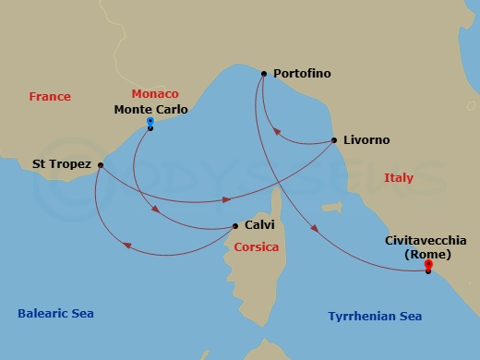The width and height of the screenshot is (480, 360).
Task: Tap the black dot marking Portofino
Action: click(264, 74)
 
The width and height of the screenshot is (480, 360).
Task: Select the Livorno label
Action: click(366, 140)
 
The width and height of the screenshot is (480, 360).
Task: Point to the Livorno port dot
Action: click(333, 140)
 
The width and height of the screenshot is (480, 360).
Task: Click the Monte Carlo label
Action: click(150, 110)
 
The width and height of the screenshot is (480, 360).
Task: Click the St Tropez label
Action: click(62, 164)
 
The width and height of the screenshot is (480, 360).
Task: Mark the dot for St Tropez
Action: click(100, 165)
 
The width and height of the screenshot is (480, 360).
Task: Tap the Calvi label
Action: click(260, 225)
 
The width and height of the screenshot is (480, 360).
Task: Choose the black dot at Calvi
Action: click(235, 226)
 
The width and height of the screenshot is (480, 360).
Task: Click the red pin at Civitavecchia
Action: click(428, 267)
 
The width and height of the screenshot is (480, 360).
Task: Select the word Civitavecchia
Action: click(427, 240)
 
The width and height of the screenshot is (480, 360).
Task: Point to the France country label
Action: click(50, 97)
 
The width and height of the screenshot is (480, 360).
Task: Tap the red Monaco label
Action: click(155, 94)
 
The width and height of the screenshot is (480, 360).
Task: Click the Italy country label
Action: click(399, 177)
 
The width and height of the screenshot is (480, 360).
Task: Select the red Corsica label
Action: click(257, 247)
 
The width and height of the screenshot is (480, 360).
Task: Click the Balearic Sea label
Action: click(55, 314)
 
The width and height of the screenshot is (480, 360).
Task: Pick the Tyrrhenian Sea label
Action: click(375, 317)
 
